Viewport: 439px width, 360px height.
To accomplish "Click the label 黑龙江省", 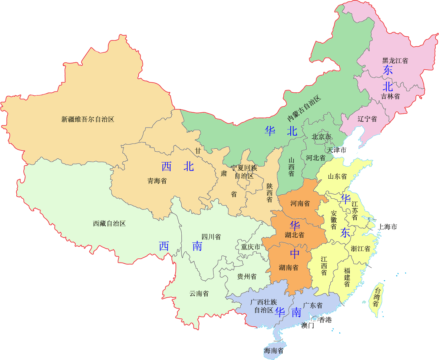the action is coord(395,60).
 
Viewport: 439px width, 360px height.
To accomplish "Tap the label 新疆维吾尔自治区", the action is coord(88,119).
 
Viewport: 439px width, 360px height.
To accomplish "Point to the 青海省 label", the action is coord(157,181).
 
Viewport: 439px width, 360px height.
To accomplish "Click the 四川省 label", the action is coord(211,237).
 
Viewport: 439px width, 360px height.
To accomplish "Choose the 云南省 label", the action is coord(199,294).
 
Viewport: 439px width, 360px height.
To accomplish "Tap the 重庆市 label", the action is coord(251,247).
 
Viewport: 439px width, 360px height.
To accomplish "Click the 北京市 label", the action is coord(321,137).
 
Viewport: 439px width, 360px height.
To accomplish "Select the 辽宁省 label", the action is coord(367,119).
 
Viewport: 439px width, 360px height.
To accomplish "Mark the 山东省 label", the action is coord(337,176).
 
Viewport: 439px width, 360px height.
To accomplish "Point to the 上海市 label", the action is coord(387,227).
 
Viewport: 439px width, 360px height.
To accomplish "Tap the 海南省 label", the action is coord(274,350).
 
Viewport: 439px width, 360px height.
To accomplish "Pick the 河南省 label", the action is coord(300,204).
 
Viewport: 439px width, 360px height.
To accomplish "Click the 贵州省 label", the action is coord(247,277).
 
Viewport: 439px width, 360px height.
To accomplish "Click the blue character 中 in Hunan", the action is coord(295,254).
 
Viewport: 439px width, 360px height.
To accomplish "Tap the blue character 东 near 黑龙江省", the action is coord(388,70).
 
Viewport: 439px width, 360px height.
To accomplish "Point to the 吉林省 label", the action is coord(390,96).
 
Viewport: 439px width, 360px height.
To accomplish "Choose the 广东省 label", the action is coord(313,306).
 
